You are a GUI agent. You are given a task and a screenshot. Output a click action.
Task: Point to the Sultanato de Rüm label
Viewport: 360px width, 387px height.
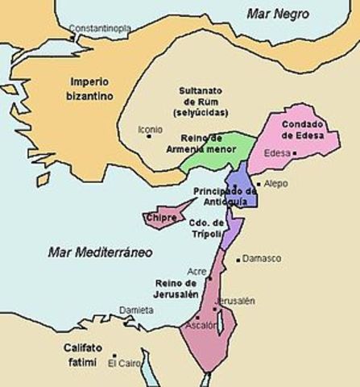(x=203, y=102)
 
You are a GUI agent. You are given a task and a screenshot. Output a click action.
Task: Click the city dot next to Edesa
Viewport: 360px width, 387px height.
(x=296, y=152)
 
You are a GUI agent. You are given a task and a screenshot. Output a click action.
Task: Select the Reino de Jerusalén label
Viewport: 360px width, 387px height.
(x=176, y=289)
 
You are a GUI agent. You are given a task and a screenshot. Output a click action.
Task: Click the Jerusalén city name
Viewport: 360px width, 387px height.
(x=236, y=300)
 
